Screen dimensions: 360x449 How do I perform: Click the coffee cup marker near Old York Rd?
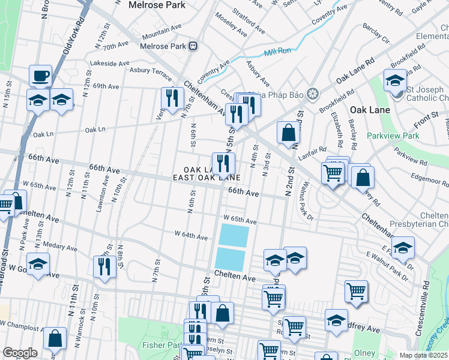pyautogui.click(x=41, y=76)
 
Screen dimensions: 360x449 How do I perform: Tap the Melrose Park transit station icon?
pyautogui.click(x=193, y=46)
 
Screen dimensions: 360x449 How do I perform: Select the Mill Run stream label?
pyautogui.click(x=277, y=51)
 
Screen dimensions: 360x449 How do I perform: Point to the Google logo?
pyautogui.click(x=20, y=353)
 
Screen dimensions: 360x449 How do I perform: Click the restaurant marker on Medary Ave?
pyautogui.click(x=104, y=266)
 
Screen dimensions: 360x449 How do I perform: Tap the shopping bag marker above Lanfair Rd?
pyautogui.click(x=289, y=133)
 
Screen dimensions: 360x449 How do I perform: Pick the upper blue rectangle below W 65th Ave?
pyautogui.click(x=234, y=235)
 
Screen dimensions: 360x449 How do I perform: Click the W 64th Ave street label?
pyautogui.click(x=191, y=235)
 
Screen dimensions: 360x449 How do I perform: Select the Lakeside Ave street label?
pyautogui.click(x=109, y=63)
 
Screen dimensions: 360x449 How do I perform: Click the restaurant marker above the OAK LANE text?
pyautogui.click(x=223, y=163)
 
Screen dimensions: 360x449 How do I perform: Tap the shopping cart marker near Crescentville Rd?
pyautogui.click(x=356, y=291)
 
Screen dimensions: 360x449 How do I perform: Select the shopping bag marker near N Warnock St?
pyautogui.click(x=55, y=339)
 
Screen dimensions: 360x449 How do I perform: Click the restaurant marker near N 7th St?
pyautogui.click(x=172, y=98)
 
